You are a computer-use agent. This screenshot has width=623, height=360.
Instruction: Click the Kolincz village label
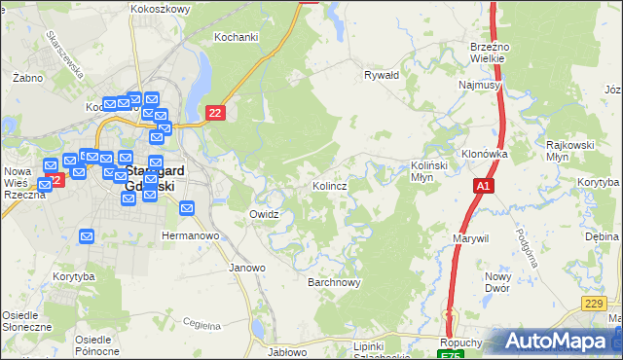tap(331, 185)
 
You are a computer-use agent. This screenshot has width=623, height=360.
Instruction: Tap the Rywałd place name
tap(382, 74)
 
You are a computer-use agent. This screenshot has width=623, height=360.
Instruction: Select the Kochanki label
tap(236, 37)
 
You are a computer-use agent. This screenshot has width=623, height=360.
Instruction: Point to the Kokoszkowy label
tap(160, 8)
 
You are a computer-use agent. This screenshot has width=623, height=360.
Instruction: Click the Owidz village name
tap(265, 214)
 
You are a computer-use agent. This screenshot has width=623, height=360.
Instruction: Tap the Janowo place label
tap(246, 268)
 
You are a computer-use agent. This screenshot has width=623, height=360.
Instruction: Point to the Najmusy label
tap(479, 86)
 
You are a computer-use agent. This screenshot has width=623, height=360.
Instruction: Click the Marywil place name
tap(470, 238)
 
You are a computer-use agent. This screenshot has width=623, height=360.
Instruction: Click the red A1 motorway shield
tap(484, 185)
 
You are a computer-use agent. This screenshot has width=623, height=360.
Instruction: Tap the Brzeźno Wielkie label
tap(487, 52)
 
